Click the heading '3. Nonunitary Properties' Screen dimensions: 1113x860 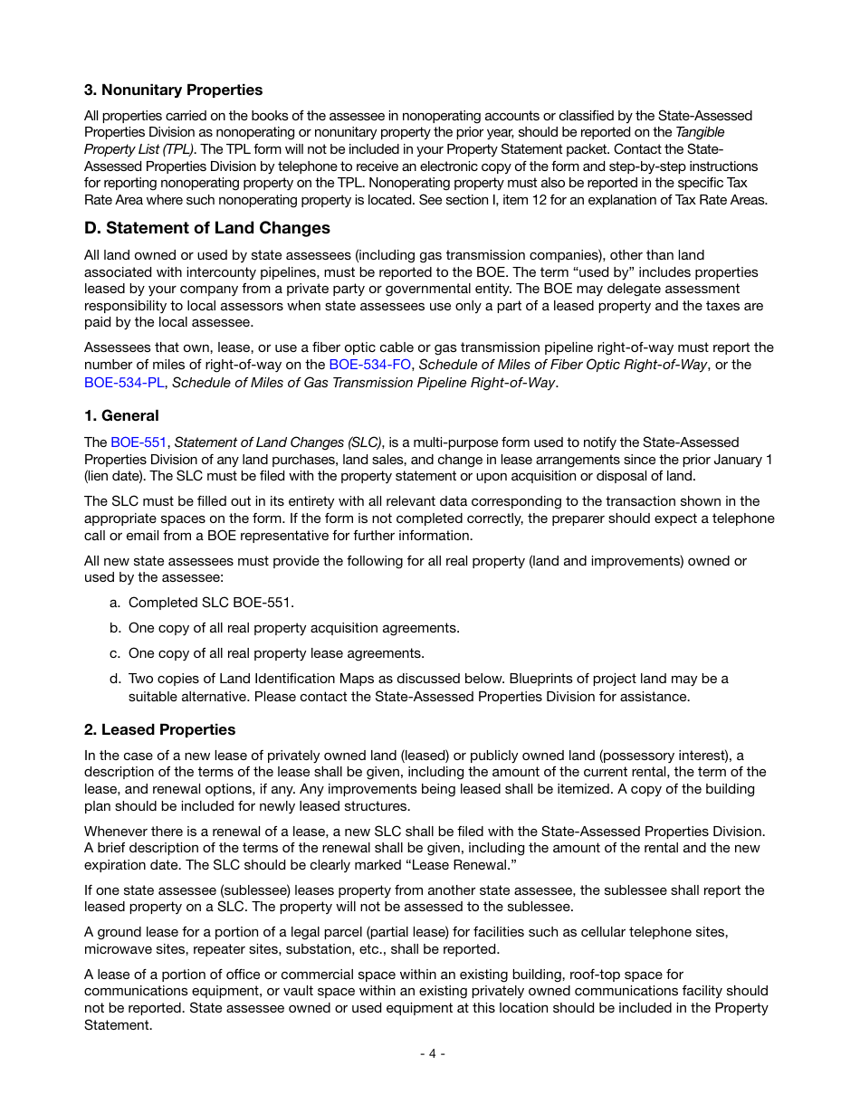pos(173,90)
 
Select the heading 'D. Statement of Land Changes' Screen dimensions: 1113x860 pos(206,228)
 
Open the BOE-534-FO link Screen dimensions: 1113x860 pos(369,365)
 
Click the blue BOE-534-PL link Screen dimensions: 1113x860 pos(124,382)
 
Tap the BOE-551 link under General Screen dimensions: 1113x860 pos(139,442)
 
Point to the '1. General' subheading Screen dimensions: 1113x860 pos(121,416)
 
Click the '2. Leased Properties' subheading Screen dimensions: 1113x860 pos(159,729)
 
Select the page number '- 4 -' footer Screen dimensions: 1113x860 pos(432,1053)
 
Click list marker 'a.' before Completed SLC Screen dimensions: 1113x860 pos(115,603)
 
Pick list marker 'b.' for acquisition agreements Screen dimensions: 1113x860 pos(115,628)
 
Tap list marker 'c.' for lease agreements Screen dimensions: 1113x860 pos(115,653)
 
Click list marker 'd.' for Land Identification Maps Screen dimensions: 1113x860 pos(115,679)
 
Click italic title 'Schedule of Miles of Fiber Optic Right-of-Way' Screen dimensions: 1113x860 pos(563,365)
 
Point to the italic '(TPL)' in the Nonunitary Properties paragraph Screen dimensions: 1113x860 pos(177,149)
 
